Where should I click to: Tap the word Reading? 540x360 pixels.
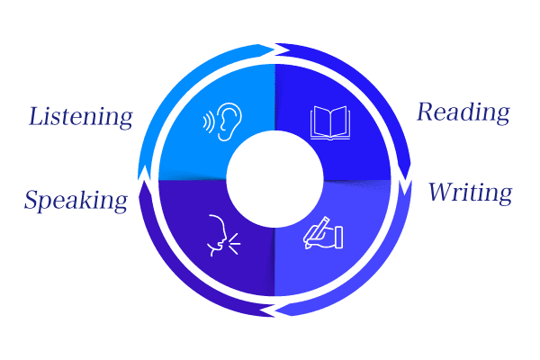pyautogui.click(x=463, y=113)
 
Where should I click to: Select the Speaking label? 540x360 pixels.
pyautogui.click(x=76, y=200)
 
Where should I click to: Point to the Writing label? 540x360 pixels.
pyautogui.click(x=470, y=192)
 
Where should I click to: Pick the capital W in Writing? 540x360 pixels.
pyautogui.click(x=440, y=192)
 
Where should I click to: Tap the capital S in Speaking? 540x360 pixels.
pyautogui.click(x=33, y=200)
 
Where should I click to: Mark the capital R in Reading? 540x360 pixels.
pyautogui.click(x=426, y=113)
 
